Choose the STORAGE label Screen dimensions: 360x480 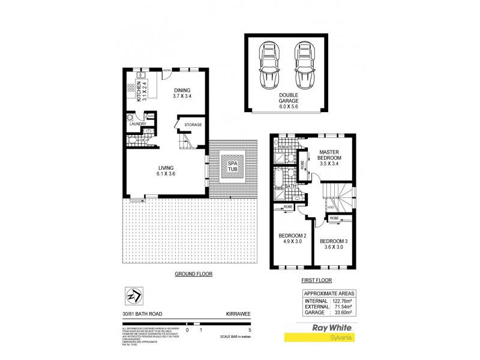[x=193, y=125]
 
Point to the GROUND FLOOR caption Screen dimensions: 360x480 [x=194, y=274]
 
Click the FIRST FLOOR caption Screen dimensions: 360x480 [x=316, y=280]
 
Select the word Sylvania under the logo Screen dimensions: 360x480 [x=340, y=337]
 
